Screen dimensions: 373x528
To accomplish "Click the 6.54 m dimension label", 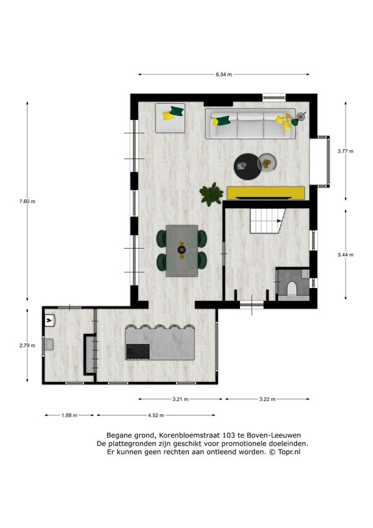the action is tap(224, 75).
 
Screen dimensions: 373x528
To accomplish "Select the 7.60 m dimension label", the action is tap(27, 201).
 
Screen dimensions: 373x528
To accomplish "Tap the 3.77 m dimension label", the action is tap(346, 151).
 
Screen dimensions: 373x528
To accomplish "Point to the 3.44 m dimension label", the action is tap(346, 255).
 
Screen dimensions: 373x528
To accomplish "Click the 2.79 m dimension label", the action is tap(27, 345).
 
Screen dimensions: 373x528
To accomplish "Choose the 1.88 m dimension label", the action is tap(70, 415).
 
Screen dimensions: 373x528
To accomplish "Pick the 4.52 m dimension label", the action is tap(156, 415).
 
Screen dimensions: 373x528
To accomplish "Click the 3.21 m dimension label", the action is tap(180, 399).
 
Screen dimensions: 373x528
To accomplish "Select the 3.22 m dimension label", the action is tap(267, 399).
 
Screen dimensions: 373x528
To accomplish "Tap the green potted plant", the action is tap(211, 194).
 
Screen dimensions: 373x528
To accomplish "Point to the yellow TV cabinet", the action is tap(266, 193).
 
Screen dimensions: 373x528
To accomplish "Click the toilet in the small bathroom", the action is tap(292, 289).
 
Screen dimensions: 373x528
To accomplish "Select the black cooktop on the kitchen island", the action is tap(137, 351).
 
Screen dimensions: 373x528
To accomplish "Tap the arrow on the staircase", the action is tap(279, 221).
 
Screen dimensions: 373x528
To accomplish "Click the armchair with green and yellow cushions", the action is tap(170, 118).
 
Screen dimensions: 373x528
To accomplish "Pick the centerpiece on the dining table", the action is tap(182, 250).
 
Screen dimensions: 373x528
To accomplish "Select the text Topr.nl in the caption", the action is tap(289, 452).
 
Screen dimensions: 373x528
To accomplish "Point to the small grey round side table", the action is tap(267, 163).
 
